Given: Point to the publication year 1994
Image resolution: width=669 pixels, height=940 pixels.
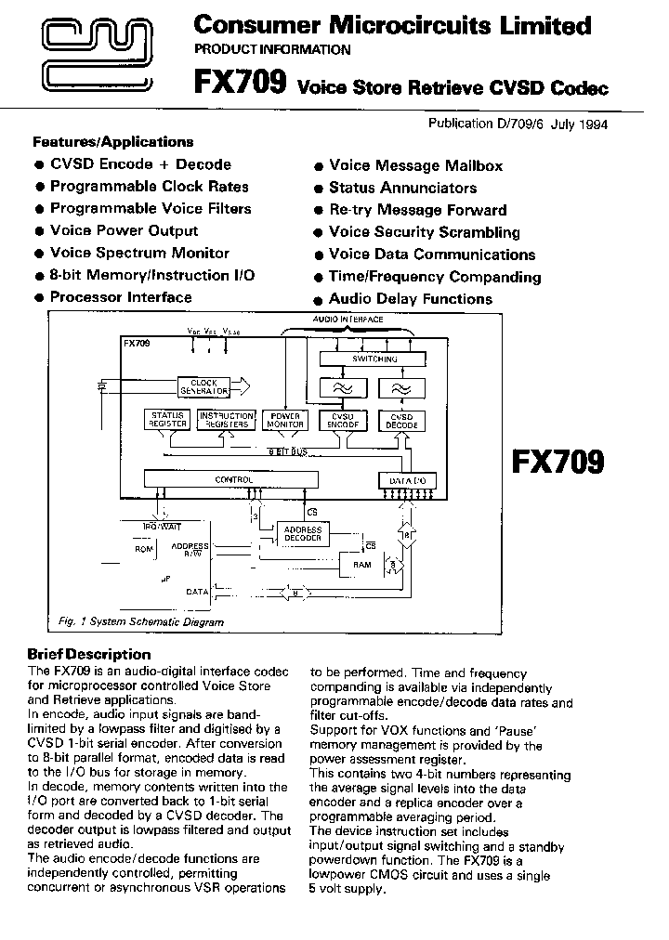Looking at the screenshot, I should pyautogui.click(x=588, y=124).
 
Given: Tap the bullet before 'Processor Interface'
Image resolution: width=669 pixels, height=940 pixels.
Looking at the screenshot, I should pyautogui.click(x=39, y=298).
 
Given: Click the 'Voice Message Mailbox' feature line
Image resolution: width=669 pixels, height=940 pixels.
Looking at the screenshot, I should pyautogui.click(x=415, y=165).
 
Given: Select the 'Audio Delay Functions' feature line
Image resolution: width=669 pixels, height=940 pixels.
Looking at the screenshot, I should pyautogui.click(x=410, y=299).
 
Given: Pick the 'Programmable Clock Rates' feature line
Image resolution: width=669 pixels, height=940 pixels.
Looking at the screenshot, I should pyautogui.click(x=150, y=186).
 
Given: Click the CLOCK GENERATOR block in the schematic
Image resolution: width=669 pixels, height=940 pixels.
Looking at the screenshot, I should pyautogui.click(x=204, y=386).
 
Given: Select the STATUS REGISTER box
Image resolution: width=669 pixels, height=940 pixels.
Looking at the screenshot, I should pyautogui.click(x=167, y=420).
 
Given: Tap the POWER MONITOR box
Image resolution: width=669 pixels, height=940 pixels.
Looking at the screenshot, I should pyautogui.click(x=284, y=420).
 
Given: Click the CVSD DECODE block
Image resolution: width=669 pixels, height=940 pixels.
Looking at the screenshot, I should pyautogui.click(x=401, y=420).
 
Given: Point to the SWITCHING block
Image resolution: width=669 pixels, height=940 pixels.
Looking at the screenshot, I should pyautogui.click(x=374, y=359).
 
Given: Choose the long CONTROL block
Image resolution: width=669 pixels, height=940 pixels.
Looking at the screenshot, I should pyautogui.click(x=233, y=480).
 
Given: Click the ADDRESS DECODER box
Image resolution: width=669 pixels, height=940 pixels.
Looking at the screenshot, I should pyautogui.click(x=303, y=534).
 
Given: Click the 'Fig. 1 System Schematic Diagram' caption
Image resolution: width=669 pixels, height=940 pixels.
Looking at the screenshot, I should pyautogui.click(x=135, y=622).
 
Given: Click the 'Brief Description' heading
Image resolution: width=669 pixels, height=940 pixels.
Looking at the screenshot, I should pyautogui.click(x=89, y=654).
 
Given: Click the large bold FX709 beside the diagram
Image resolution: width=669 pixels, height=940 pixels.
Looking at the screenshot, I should pyautogui.click(x=558, y=462).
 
